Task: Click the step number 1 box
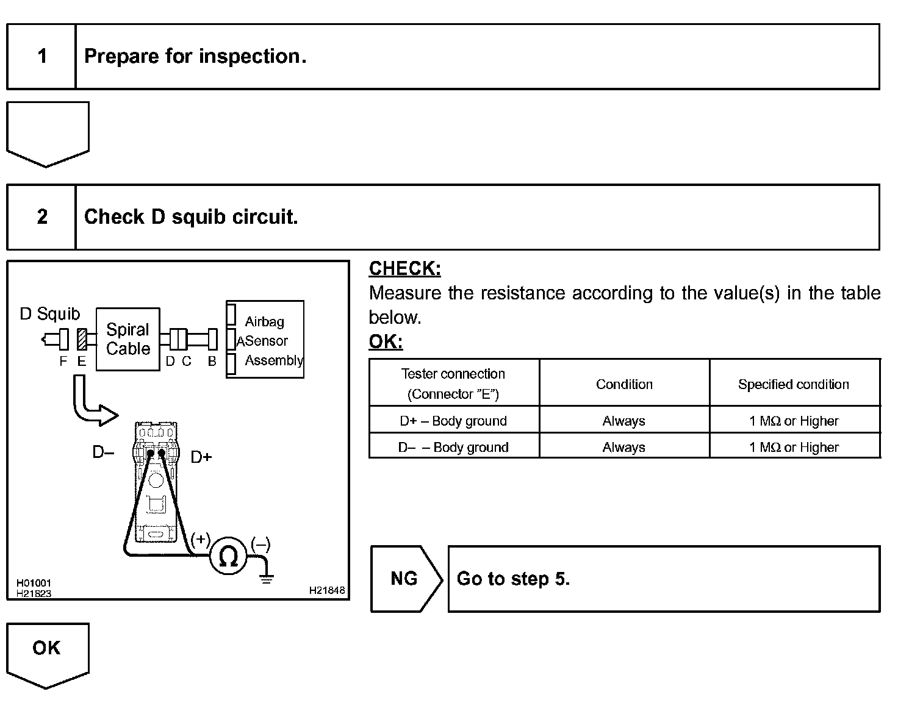[x=41, y=57]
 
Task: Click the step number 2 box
[x=41, y=217]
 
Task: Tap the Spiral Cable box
[x=128, y=339]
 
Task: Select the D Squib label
[x=50, y=314]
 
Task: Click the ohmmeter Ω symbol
[x=228, y=556]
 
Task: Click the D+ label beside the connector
[x=201, y=457]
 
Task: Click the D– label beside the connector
[x=103, y=452]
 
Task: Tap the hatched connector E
[x=82, y=339]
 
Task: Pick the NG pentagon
[x=404, y=579]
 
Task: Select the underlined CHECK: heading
[x=404, y=268]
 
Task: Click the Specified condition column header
[x=794, y=384]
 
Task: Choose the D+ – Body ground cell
[x=453, y=421]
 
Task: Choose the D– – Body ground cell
[x=453, y=447]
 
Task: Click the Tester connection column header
[x=453, y=384]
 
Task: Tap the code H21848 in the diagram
[x=327, y=590]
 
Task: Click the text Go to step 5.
[x=513, y=579]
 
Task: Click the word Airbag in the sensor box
[x=265, y=321]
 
